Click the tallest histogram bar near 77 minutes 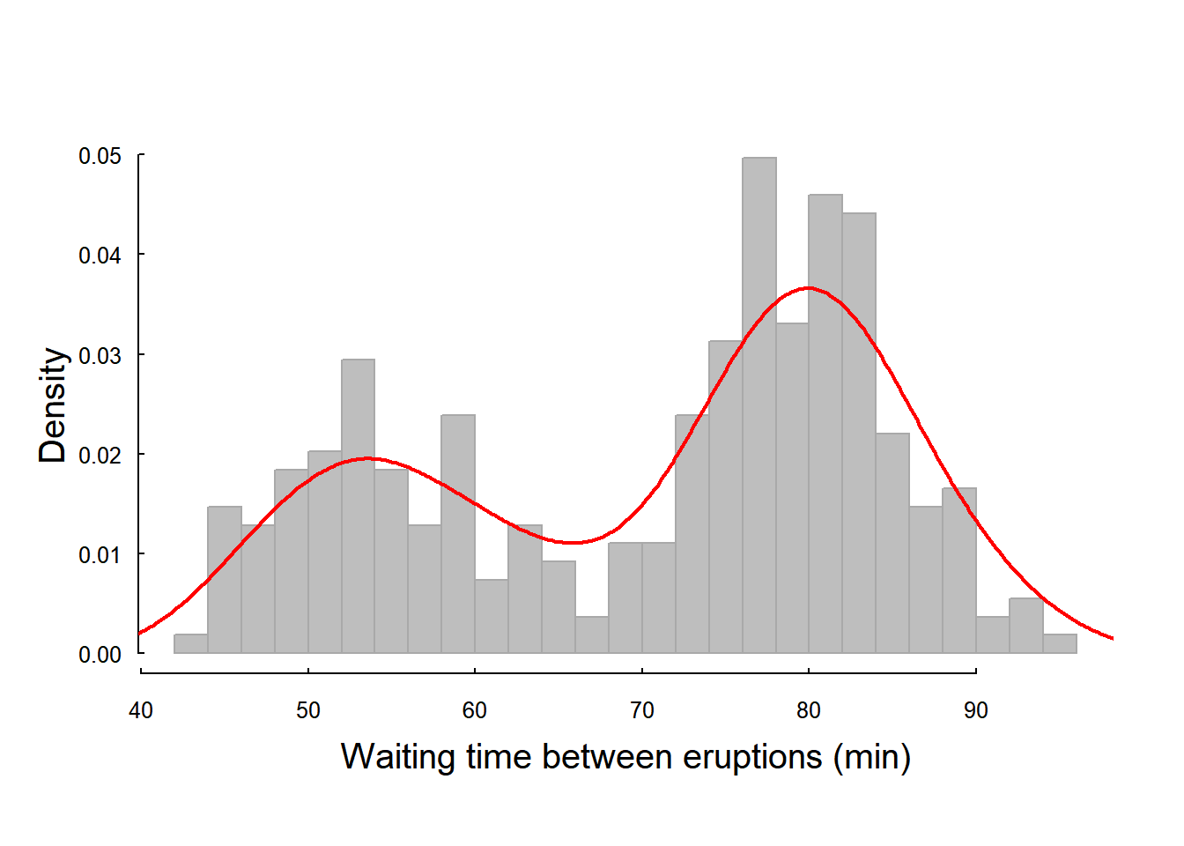(759, 405)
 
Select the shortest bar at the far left (191, 643)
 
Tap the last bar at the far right (1060, 643)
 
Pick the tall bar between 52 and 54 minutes (358, 506)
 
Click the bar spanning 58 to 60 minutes (458, 534)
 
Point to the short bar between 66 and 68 (592, 634)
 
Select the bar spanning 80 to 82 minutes (825, 424)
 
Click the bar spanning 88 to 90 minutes (959, 570)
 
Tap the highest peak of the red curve (810, 288)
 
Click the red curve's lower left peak (367, 458)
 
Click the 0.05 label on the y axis (100, 156)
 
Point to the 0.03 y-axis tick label (100, 355)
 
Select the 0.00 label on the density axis (100, 655)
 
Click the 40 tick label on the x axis (141, 710)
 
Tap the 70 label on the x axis (642, 710)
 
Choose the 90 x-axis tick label (976, 710)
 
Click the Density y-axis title (52, 405)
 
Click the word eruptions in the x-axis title (752, 758)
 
